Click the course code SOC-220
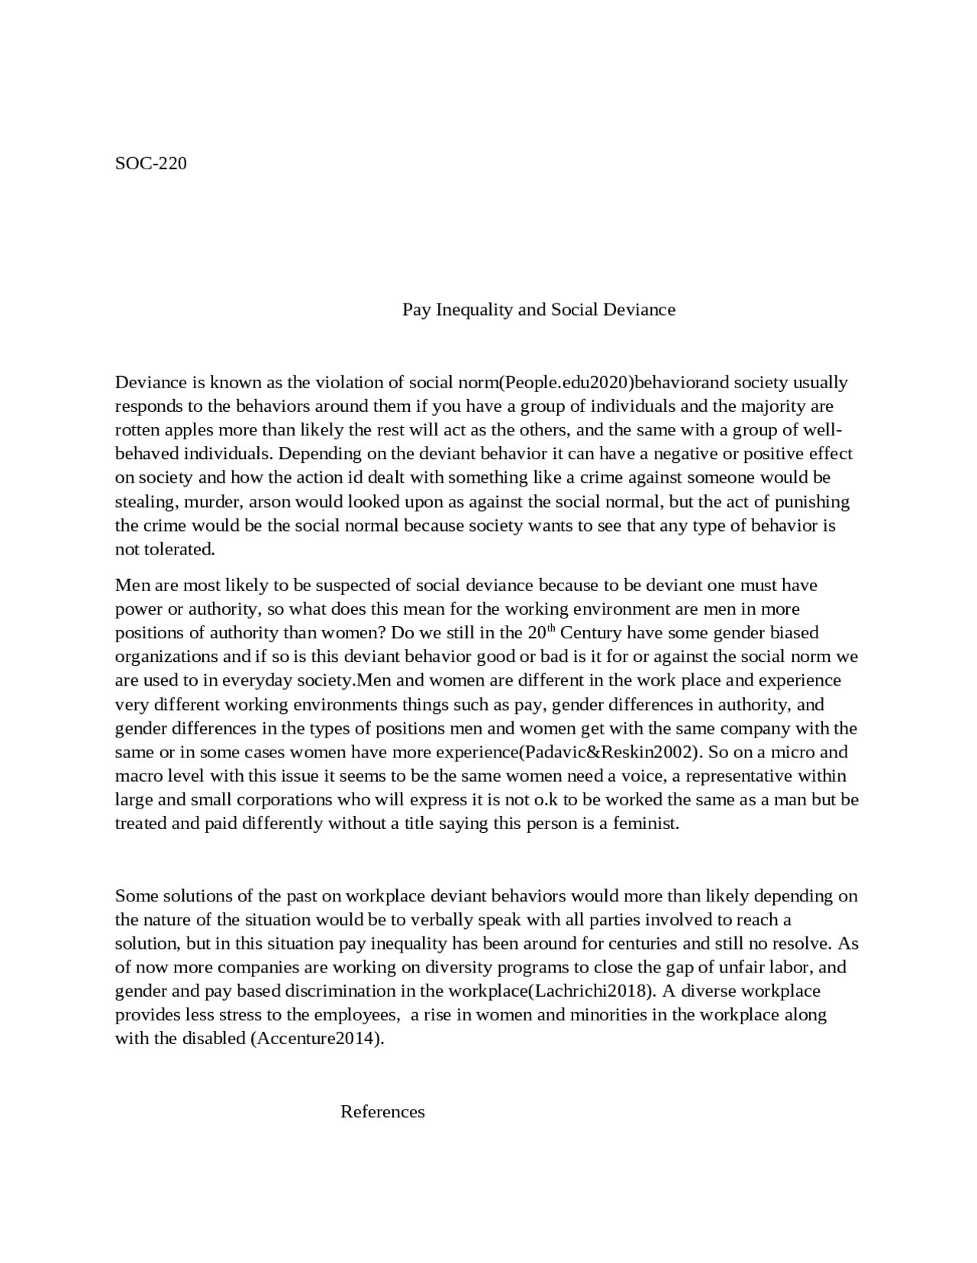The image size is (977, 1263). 150,163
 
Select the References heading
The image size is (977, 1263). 382,1112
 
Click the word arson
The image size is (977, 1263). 269,502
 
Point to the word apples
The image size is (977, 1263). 188,430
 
